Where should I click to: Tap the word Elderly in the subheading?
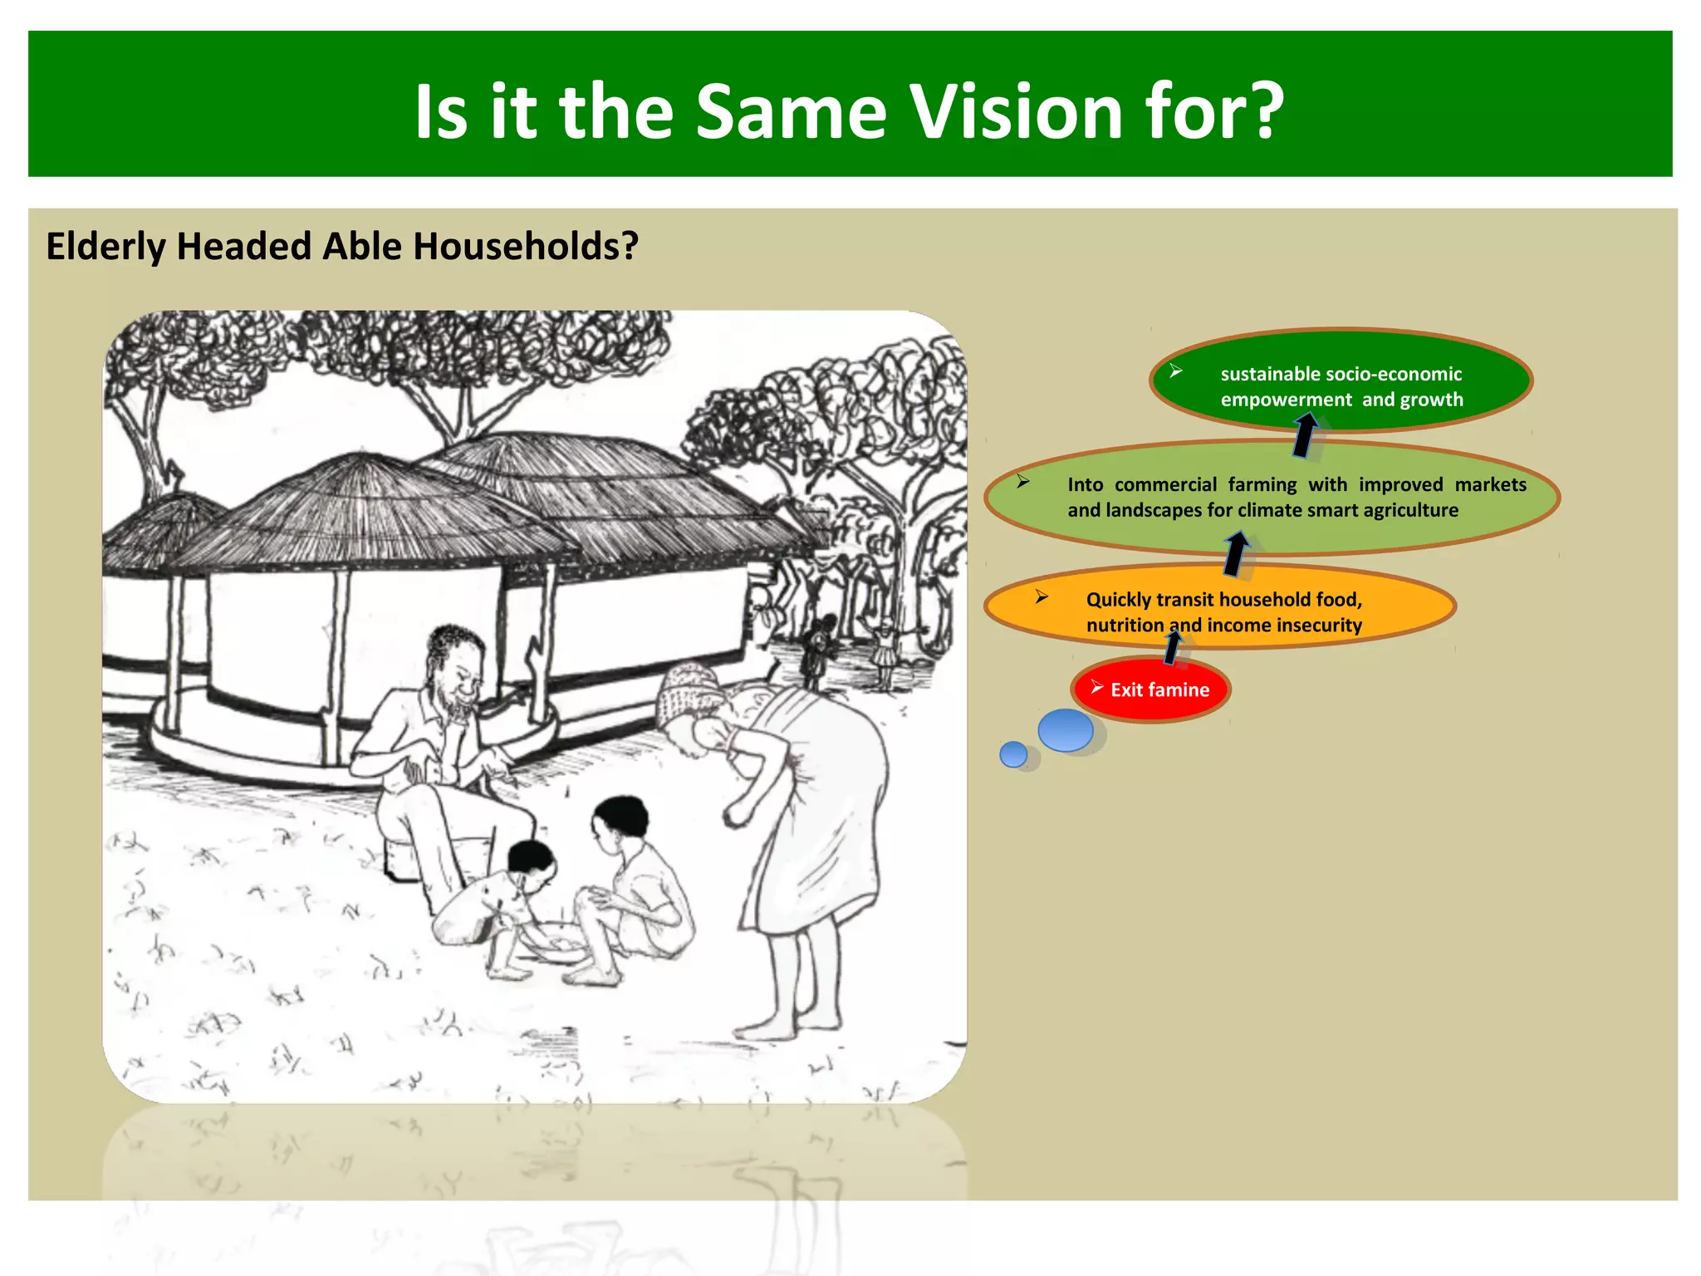[x=105, y=247]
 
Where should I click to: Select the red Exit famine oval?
[x=1150, y=690]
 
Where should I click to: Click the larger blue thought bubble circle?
[x=1066, y=730]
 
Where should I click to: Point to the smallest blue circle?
[x=1013, y=754]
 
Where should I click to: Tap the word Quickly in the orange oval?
[x=1117, y=600]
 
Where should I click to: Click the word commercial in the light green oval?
[x=1165, y=484]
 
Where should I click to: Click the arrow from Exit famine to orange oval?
[x=1173, y=647]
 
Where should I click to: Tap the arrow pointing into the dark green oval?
[x=1305, y=435]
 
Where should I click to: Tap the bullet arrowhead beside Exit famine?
[x=1096, y=687]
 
